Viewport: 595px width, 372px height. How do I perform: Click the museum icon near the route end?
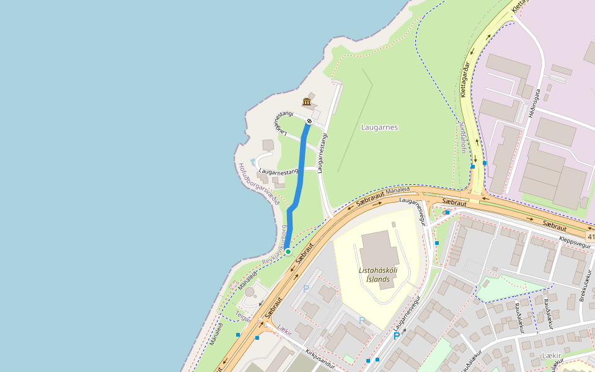point(306,102)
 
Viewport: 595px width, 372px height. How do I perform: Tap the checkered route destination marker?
point(309,121)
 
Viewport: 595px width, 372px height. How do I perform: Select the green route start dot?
point(288,252)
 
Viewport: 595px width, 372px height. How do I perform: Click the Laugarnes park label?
point(379,127)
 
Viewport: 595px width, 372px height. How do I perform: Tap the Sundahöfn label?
point(462,137)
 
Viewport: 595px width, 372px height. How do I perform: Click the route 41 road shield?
point(590,237)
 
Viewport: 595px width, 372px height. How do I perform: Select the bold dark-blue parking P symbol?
point(396,336)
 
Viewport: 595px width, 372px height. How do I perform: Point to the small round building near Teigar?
point(250,291)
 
